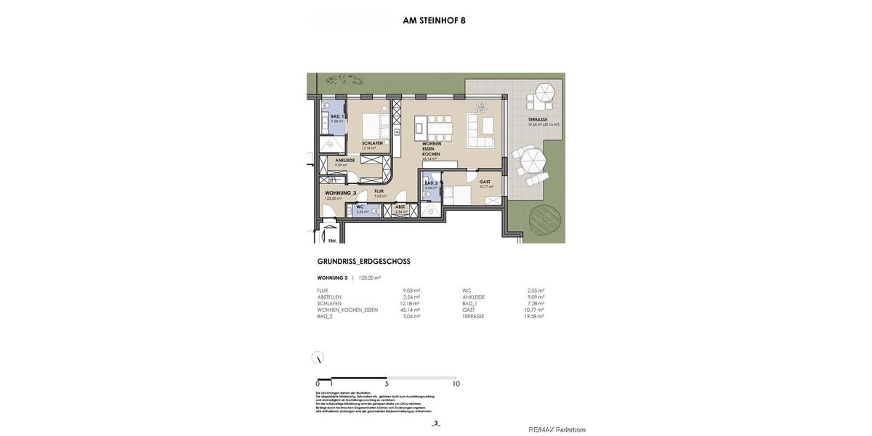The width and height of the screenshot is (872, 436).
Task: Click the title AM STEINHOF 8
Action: point(434,20)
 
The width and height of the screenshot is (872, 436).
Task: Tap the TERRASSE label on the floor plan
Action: point(538,119)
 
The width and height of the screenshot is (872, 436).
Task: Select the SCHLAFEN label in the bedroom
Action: point(372,143)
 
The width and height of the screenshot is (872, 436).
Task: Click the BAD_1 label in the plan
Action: point(337,116)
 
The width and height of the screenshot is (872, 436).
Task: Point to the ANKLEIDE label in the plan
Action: point(345,161)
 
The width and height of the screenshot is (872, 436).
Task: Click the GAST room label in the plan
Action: point(485,182)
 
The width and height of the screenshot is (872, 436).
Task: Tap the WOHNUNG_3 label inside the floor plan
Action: point(340,193)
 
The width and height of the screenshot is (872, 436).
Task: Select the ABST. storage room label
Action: point(400,207)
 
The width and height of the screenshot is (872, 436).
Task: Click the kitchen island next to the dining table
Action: point(419,130)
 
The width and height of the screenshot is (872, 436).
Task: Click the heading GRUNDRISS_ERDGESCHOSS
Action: point(363,262)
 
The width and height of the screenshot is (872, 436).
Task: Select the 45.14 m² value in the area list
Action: point(410,310)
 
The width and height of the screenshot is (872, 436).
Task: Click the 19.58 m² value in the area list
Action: point(535,317)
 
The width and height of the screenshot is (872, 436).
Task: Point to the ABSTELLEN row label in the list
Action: point(329,297)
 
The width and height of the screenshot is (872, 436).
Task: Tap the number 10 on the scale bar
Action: point(456,384)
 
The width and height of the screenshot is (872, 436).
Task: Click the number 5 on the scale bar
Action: point(387,384)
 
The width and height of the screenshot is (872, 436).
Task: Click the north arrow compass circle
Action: point(318,358)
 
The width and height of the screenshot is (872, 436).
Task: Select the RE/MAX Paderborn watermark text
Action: point(557,429)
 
